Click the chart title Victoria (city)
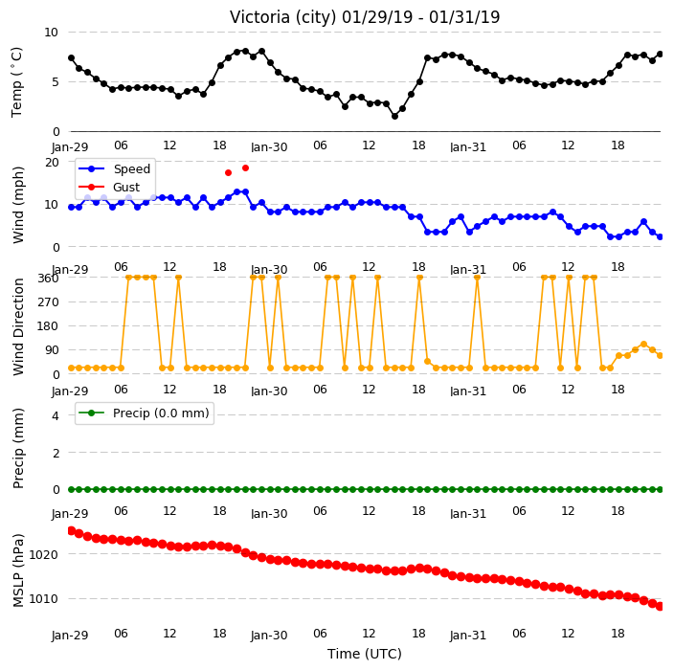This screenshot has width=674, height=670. tap(283, 17)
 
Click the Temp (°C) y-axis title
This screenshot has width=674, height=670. tap(16, 82)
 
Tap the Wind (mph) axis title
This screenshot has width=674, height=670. tap(17, 205)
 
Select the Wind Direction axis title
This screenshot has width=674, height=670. tap(17, 326)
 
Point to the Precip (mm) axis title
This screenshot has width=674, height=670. tap(17, 448)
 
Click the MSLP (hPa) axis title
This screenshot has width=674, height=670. tap(17, 569)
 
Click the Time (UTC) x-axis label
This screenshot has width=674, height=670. tap(365, 654)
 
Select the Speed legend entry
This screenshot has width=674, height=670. tap(115, 168)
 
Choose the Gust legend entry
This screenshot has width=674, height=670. tap(109, 187)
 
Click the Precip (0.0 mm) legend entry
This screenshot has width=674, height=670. tap(145, 413)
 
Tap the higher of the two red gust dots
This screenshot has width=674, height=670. tap(245, 168)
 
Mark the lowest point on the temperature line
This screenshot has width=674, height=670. tap(394, 116)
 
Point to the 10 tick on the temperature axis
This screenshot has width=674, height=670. tap(51, 33)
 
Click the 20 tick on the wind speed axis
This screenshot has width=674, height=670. tap(52, 162)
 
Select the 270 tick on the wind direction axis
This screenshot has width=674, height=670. tap(48, 302)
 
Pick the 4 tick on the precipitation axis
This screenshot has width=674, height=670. tap(56, 415)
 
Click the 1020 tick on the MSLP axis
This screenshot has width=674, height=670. tap(43, 555)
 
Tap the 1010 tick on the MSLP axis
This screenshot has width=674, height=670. tap(43, 598)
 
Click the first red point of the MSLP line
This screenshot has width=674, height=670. tap(72, 531)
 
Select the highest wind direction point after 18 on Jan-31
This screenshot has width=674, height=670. tap(643, 345)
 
